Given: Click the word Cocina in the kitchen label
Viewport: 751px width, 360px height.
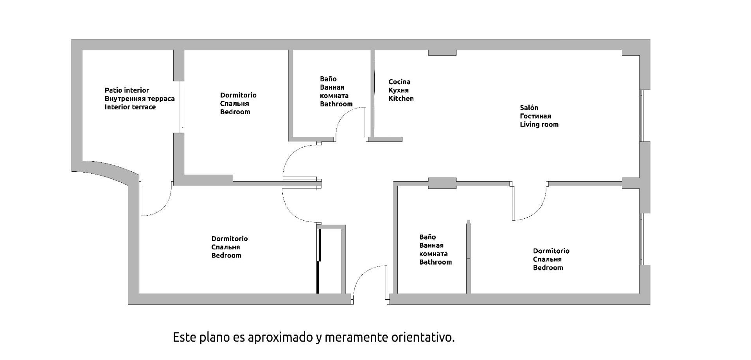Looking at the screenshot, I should point(399,82).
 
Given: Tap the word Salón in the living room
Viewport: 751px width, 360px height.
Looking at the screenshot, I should point(529,108).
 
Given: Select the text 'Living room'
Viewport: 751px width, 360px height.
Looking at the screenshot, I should point(539,124).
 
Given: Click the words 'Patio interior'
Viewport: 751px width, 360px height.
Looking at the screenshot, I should point(127,90).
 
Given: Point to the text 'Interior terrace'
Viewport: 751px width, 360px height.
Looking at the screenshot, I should point(130,107).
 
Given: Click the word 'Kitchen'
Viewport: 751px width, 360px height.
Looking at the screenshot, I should point(401,99).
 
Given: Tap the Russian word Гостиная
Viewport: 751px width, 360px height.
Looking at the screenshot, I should point(535,116).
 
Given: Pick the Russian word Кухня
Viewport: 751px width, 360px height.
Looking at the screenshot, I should point(399,90).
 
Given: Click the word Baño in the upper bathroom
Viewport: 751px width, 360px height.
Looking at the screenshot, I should point(328,79).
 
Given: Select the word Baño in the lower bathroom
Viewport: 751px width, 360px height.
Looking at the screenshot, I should point(427,237).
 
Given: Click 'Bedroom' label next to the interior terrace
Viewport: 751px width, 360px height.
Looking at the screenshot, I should point(235,112).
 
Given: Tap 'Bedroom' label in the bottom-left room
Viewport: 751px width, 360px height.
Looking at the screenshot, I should point(226,256).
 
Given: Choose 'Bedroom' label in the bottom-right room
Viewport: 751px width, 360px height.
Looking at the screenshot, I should point(548,268).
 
